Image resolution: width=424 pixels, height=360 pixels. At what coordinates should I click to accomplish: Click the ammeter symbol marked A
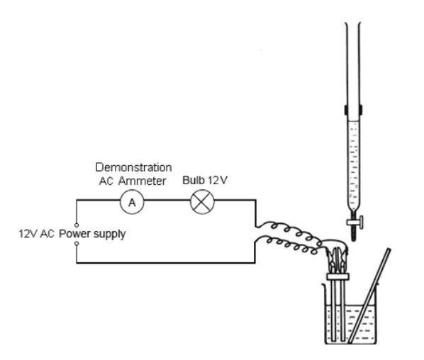(x=131, y=202)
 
